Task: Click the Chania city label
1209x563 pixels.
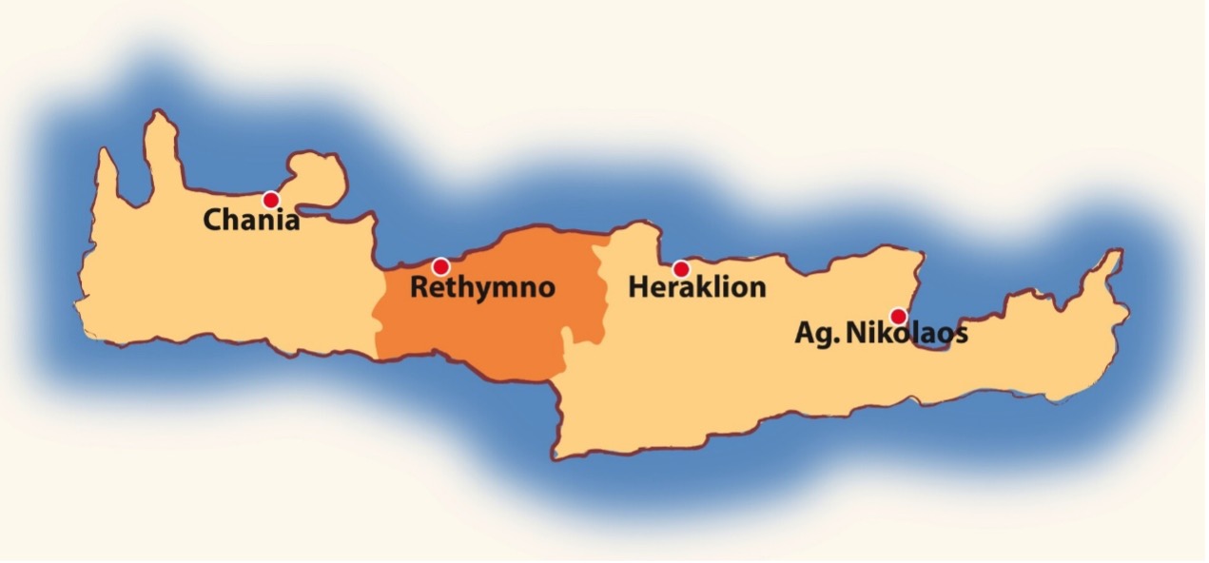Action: [251, 221]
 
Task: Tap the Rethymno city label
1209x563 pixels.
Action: [482, 287]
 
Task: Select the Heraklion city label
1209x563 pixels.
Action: [697, 286]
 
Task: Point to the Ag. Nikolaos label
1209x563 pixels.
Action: [881, 335]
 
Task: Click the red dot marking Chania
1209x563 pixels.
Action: [271, 200]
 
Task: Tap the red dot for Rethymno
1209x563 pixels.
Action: [440, 266]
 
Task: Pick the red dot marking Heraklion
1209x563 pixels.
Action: [681, 269]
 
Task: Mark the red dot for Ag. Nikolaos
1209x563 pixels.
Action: [898, 316]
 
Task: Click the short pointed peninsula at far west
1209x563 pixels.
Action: [107, 176]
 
